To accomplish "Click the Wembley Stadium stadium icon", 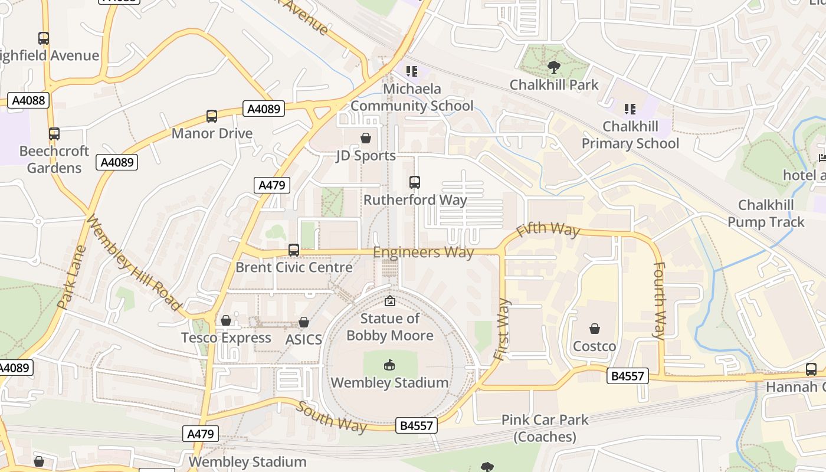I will (389, 365).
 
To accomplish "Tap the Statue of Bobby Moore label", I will (390, 327).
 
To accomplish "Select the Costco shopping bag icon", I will (595, 329).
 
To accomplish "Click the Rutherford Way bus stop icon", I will (415, 182).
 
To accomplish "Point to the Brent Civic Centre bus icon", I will (294, 250).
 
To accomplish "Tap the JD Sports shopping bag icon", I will (366, 139).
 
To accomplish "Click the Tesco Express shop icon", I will (226, 320).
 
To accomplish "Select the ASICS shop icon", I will (304, 322).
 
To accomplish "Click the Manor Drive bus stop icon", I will (212, 116).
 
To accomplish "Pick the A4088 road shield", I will (28, 100).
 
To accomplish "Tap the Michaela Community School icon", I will (412, 71).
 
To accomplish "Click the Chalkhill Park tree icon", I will (553, 67).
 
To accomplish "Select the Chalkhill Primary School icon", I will (630, 109).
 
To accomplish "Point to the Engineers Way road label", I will (424, 253).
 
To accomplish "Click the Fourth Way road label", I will (659, 300).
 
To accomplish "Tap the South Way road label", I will (330, 417).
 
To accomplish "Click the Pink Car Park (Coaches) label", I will (545, 428).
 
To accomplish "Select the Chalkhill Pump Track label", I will (766, 214).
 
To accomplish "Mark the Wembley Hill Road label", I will (133, 263).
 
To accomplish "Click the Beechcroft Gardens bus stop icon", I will (54, 134).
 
